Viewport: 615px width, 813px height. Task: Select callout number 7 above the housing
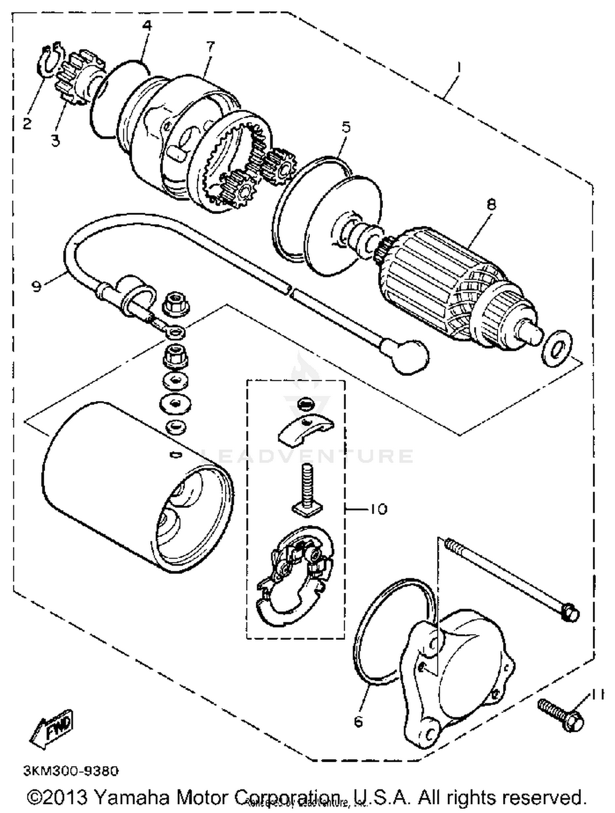(210, 47)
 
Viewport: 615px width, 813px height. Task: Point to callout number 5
(346, 127)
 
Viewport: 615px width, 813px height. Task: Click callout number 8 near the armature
(492, 204)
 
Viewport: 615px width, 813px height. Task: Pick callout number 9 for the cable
(37, 286)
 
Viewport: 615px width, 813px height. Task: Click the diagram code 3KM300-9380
(71, 771)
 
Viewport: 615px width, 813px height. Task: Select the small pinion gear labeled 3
(80, 78)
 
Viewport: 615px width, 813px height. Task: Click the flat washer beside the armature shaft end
(557, 348)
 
